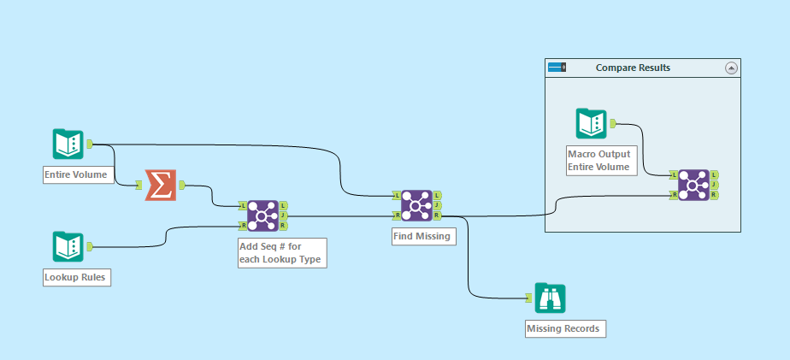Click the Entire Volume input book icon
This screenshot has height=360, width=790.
coord(68,145)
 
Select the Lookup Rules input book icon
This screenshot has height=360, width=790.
coord(68,247)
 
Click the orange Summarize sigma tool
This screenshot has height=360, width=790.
coord(160,185)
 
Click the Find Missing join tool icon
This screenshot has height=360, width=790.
coord(416,206)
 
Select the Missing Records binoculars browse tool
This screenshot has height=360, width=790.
coord(551,298)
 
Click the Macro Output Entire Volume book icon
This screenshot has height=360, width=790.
coord(591,124)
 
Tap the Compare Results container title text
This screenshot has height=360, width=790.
coord(634,68)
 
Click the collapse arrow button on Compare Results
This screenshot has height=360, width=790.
coord(731,68)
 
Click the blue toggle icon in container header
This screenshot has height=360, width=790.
coord(557,68)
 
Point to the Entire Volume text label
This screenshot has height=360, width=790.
coord(76,175)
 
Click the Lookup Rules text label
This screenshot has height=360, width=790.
coord(76,277)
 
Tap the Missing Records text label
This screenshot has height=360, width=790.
coord(565,328)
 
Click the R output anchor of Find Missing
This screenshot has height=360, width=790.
coord(438,216)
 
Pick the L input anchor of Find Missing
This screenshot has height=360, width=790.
coord(396,196)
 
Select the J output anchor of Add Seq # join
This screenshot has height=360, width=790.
coord(284,216)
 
